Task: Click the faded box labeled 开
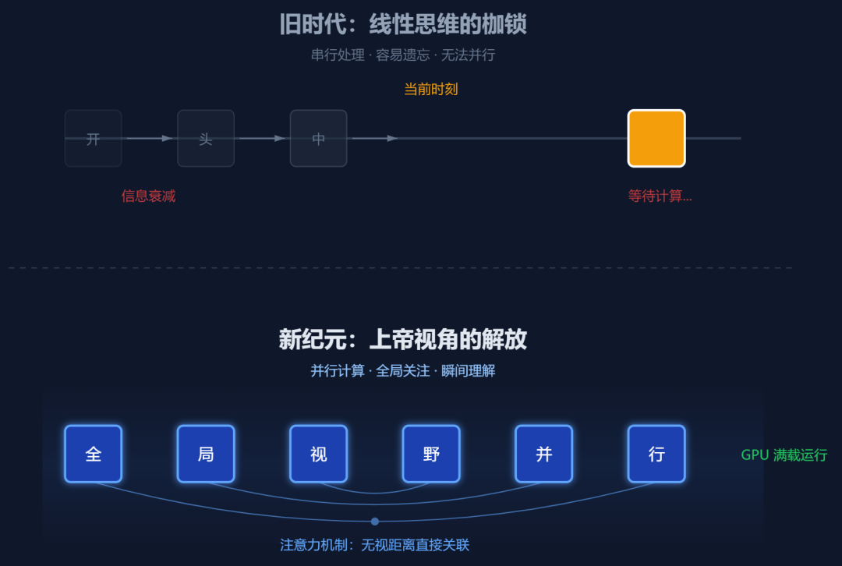[94, 139]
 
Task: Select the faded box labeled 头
[206, 139]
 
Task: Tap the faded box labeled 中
[318, 139]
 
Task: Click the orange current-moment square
[656, 139]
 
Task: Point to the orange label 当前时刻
[430, 89]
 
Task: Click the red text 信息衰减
[148, 196]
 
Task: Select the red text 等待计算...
[660, 196]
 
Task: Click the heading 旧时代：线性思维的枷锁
[403, 24]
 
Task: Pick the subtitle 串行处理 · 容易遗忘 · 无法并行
[403, 55]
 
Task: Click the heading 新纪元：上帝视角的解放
[403, 340]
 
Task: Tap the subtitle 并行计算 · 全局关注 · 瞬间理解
[403, 371]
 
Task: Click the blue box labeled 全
[94, 454]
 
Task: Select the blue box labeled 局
[206, 454]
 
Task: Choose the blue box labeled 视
[318, 454]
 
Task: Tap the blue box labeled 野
[431, 454]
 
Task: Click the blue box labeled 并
[544, 454]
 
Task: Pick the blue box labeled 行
[656, 454]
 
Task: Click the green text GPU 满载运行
[784, 455]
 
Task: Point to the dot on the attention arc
[375, 522]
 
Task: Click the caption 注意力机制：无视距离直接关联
[375, 545]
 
